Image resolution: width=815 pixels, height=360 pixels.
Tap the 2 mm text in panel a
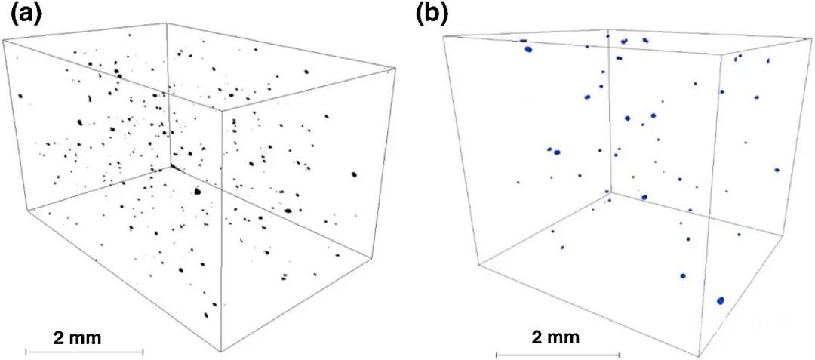tap(78, 337)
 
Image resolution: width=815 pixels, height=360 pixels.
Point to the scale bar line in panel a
tap(85, 352)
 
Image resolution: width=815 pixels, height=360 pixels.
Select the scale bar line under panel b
tap(555, 355)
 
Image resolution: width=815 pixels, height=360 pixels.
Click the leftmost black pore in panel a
tap(21, 96)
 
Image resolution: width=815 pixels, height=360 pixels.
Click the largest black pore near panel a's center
tap(198, 192)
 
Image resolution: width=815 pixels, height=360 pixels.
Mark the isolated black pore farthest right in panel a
tap(355, 175)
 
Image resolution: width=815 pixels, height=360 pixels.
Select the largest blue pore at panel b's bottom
tap(721, 300)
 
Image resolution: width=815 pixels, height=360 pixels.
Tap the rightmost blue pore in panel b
tap(777, 170)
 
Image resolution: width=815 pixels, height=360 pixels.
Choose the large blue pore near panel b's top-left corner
tap(529, 49)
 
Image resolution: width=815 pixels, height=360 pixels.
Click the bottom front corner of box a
tap(222, 352)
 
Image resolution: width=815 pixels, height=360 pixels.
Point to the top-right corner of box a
tap(393, 70)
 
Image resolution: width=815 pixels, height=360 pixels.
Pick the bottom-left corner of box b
tap(478, 263)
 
